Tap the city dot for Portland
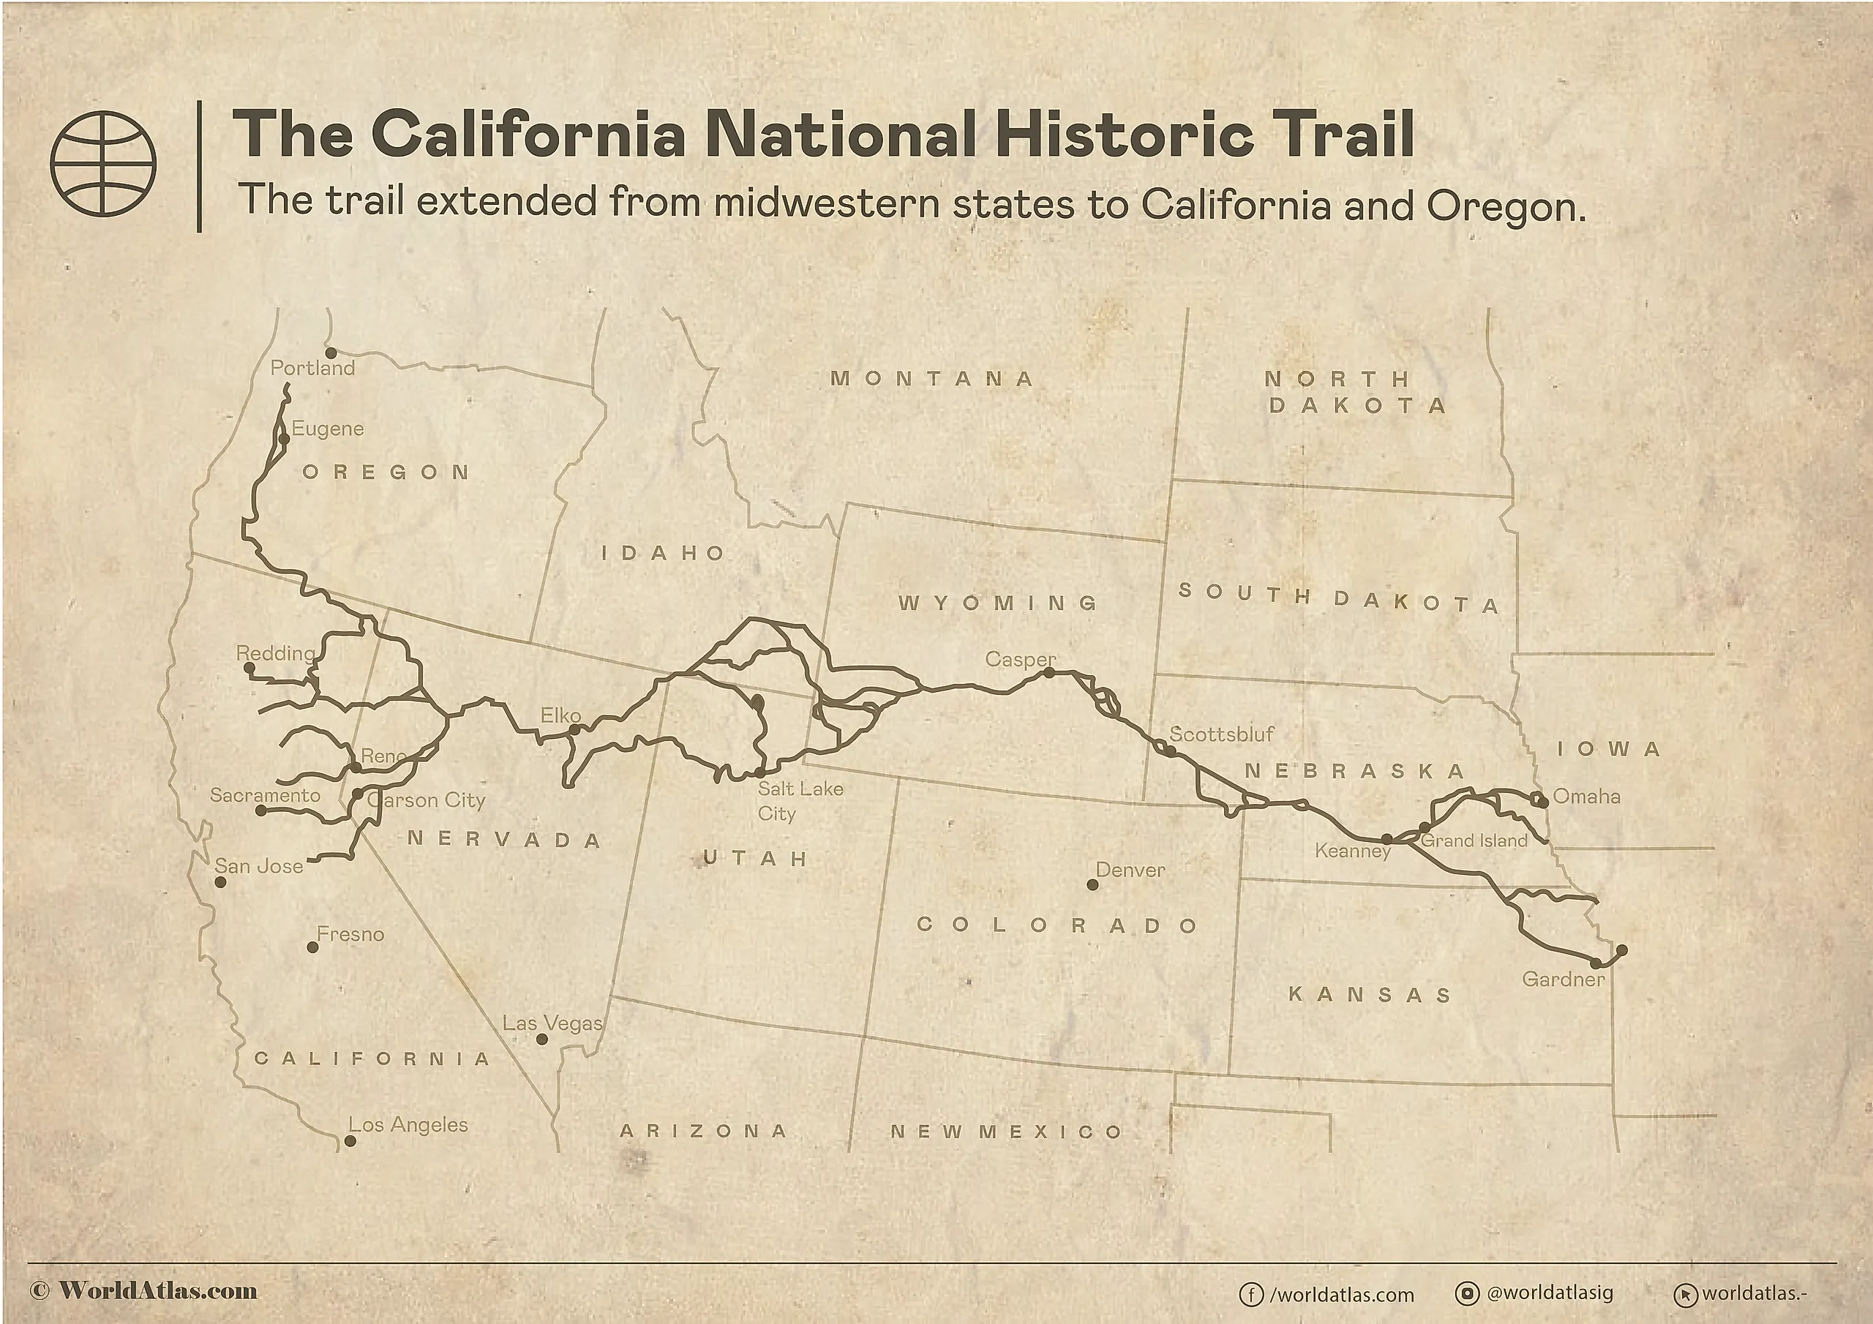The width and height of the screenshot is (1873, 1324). pos(331,353)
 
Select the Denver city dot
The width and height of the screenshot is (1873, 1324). pos(1092,884)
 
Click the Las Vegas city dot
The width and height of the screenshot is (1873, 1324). pos(541,1039)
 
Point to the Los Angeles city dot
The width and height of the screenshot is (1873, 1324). pos(350,1141)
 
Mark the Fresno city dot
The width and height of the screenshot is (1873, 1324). pos(312,947)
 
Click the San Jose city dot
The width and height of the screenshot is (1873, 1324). pos(220,882)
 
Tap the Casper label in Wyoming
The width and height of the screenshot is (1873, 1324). pos(1020,658)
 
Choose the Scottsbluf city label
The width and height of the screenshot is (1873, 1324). pos(1221,734)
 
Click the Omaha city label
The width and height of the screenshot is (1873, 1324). pos(1586,796)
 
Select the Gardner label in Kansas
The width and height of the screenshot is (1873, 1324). pos(1563,979)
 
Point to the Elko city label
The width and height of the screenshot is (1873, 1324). pos(560,715)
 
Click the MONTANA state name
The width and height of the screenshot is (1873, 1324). pos(932,378)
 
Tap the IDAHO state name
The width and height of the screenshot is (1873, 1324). pos(663,553)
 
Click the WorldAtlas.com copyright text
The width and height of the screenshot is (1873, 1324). pos(144,1290)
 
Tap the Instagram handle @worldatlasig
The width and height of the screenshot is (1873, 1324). pos(1549,1293)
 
